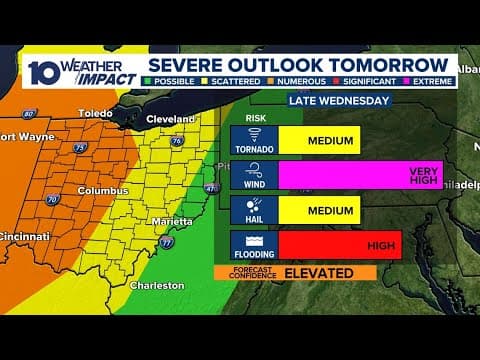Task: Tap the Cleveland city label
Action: pos(173,119)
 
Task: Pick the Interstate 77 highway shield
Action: pos(166,243)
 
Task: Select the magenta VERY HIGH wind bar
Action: pos(360,174)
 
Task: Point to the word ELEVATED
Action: pos(318,272)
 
